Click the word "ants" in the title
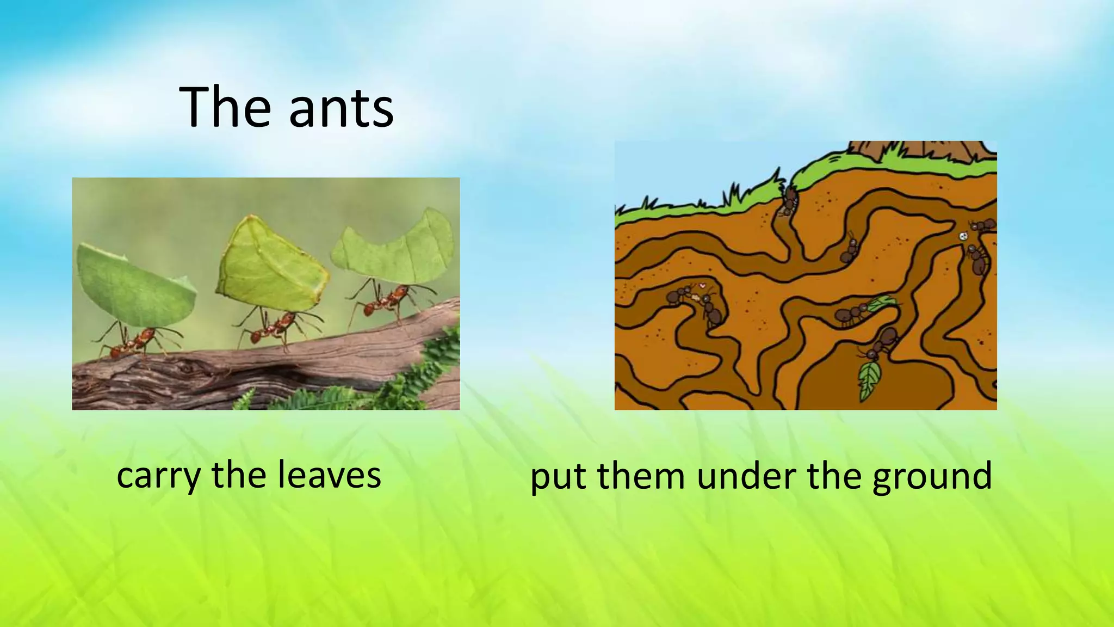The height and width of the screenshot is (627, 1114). pyautogui.click(x=341, y=108)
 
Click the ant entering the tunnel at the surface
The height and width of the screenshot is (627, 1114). pyautogui.click(x=788, y=201)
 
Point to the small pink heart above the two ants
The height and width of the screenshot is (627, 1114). pyautogui.click(x=702, y=285)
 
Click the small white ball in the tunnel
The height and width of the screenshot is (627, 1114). pyautogui.click(x=963, y=236)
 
